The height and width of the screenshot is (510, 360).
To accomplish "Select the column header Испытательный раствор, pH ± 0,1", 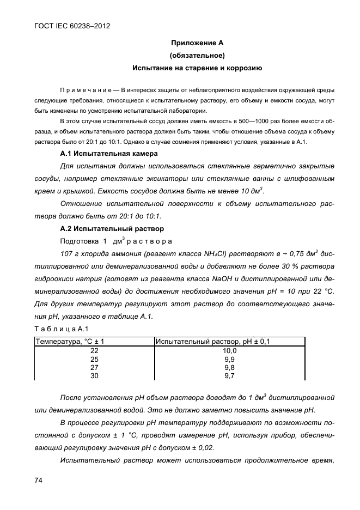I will pos(213,342).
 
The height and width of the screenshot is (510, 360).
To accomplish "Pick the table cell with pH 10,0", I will pos(230,351).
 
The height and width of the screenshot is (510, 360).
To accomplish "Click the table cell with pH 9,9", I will pos(230,360).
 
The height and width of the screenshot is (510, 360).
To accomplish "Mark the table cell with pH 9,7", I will pos(230,376).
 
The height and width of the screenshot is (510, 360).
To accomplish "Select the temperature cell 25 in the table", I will pos(94,360).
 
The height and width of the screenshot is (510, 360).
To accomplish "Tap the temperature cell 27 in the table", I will pos(94,368).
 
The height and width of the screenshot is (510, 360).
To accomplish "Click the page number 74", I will pos(39,480).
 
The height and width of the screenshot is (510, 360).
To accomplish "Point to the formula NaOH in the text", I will pos(239,278).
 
